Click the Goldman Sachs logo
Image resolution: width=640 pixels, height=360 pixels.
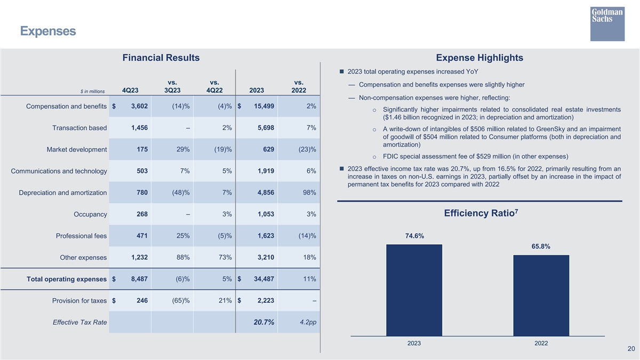click(607, 24)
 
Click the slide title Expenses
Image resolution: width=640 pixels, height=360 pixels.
click(48, 31)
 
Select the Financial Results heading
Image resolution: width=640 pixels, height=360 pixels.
click(161, 58)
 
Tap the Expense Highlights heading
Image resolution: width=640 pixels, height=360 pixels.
click(479, 58)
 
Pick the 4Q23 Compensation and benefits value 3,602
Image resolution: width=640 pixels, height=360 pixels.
click(138, 106)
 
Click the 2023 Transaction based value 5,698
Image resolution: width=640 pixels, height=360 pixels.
click(265, 128)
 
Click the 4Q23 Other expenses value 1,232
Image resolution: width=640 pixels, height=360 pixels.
click(139, 258)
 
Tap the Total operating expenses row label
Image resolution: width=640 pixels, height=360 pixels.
click(67, 279)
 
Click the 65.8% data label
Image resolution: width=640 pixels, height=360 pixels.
click(541, 246)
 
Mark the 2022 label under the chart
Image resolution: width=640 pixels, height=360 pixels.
click(541, 343)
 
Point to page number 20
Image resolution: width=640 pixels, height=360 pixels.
click(631, 349)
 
